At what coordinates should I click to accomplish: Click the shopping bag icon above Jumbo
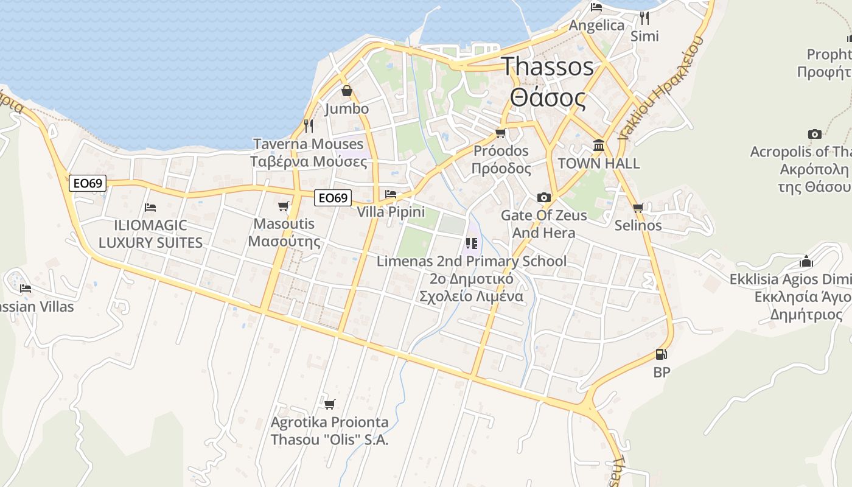point(347,91)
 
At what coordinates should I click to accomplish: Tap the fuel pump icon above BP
point(661,354)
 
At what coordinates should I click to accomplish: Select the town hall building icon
point(598,145)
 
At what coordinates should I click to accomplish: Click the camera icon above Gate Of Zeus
point(544,197)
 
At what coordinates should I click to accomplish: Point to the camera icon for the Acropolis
point(814,134)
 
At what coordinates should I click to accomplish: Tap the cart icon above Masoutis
point(283,206)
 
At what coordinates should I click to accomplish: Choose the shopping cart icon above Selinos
point(638,208)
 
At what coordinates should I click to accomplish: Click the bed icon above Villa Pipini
point(391,194)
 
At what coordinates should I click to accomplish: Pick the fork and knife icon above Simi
point(644,18)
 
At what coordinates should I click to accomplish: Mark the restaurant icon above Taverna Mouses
point(309,126)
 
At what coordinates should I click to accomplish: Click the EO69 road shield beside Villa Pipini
point(333,197)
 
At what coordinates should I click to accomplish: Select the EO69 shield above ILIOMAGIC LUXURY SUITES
point(88,183)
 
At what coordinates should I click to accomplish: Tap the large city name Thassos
point(547,66)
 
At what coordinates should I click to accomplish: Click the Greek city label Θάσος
point(548,97)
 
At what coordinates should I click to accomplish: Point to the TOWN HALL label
point(599,164)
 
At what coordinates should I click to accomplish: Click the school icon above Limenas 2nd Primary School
point(472,243)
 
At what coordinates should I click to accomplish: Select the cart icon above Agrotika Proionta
point(330,404)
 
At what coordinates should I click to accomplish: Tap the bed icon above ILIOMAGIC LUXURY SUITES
point(150,208)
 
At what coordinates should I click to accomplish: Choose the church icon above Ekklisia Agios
point(806,262)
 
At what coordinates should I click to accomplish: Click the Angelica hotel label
point(596,26)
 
